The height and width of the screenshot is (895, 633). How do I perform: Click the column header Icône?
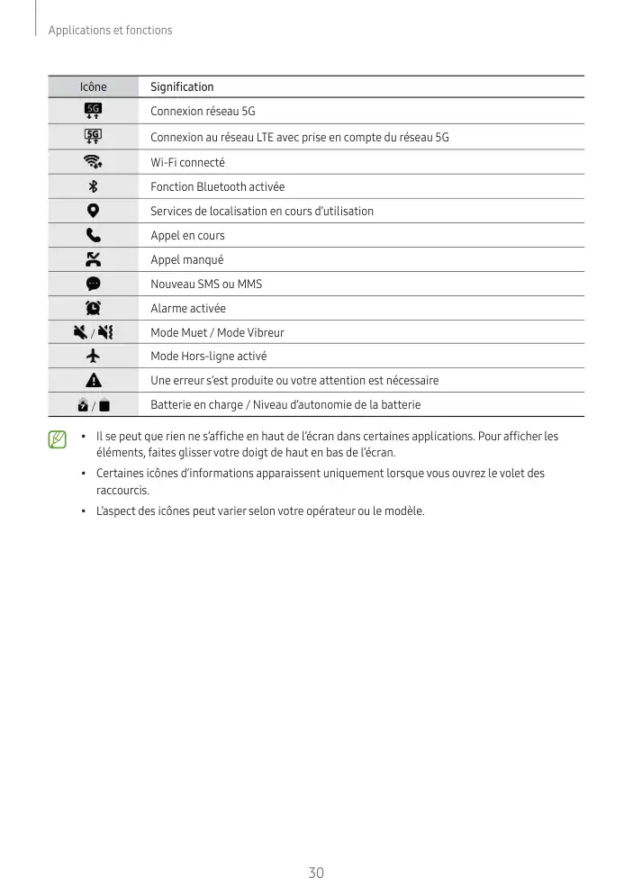(93, 87)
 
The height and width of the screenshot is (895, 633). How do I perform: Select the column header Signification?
(182, 87)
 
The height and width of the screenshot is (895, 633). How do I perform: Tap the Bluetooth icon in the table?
(93, 186)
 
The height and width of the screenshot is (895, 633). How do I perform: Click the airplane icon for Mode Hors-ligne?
(93, 356)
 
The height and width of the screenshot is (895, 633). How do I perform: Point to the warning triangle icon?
(93, 380)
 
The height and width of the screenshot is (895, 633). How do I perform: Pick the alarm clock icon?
(93, 308)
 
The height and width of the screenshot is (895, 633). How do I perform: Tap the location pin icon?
(93, 211)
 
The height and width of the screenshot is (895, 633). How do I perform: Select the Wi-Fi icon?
(93, 162)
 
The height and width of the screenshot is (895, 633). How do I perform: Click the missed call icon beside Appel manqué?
(93, 259)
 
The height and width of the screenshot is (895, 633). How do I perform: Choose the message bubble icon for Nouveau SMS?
(93, 284)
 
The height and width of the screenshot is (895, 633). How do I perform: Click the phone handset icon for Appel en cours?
(93, 235)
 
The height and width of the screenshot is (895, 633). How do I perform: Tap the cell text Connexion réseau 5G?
(203, 112)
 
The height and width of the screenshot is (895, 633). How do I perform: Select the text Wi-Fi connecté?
(187, 162)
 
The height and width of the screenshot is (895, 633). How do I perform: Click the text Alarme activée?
(188, 308)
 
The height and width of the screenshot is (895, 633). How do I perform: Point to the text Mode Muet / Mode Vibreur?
(217, 332)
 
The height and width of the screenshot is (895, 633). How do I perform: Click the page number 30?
(316, 873)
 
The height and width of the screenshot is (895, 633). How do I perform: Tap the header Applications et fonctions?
(110, 31)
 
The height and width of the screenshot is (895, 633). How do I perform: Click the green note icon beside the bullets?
(58, 439)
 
